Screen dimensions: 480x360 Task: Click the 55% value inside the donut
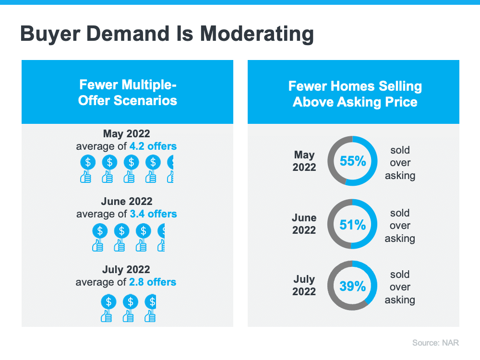[x=353, y=161]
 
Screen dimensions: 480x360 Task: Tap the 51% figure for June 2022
[x=353, y=225]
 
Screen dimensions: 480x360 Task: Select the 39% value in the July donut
[x=353, y=286]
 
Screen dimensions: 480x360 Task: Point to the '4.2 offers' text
[x=153, y=146]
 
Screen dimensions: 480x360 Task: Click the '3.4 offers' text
[x=154, y=214]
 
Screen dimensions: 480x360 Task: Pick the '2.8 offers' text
[x=153, y=282]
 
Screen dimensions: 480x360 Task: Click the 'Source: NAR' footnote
[x=435, y=343]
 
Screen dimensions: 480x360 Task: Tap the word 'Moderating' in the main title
[x=257, y=34]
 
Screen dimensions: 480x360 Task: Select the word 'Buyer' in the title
[x=50, y=34]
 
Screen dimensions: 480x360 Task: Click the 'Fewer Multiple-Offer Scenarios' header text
[x=127, y=93]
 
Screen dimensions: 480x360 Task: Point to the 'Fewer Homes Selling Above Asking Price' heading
[x=355, y=94]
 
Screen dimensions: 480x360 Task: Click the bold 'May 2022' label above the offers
[x=126, y=134]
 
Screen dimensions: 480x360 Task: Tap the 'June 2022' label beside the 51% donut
[x=304, y=224]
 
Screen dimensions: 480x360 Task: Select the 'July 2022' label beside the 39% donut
[x=304, y=285]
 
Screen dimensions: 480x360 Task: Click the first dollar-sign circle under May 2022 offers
[x=88, y=162]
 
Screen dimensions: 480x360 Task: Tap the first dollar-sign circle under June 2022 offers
[x=100, y=231]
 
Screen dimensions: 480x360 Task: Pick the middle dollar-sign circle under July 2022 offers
[x=131, y=302]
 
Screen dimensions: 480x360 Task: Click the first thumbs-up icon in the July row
[x=106, y=316]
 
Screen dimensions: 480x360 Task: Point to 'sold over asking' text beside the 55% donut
[x=400, y=163]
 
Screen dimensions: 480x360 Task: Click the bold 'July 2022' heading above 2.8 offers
[x=126, y=269]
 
